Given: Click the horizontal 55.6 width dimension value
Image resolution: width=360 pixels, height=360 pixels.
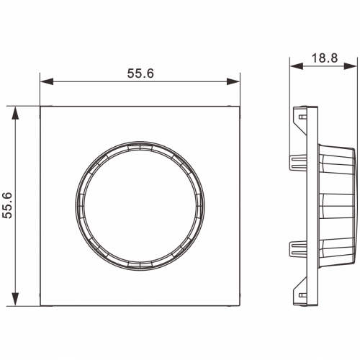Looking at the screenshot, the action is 140,73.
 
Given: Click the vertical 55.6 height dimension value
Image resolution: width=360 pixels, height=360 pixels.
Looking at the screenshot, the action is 7,205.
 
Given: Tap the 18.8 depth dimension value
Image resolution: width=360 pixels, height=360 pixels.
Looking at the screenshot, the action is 325,58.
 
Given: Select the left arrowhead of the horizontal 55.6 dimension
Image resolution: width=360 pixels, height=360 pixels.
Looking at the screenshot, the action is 47,81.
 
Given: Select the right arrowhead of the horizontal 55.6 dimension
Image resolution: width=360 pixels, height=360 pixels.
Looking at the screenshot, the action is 233,81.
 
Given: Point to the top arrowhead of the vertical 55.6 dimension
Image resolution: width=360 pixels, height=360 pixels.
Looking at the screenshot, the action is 15,113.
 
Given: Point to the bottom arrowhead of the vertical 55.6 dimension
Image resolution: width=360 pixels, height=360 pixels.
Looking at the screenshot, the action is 15,300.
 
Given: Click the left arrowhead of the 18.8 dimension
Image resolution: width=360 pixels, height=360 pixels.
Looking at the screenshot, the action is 296,66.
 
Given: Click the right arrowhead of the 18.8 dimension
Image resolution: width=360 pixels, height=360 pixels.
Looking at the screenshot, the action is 350,66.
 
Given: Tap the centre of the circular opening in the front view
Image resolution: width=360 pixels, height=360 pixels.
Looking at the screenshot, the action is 140,206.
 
